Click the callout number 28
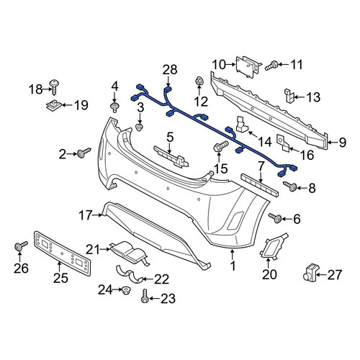click(x=170, y=70)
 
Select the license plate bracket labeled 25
click(x=63, y=253)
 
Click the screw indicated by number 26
click(x=21, y=246)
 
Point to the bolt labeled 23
click(x=144, y=297)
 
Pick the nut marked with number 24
click(x=125, y=291)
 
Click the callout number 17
click(x=86, y=215)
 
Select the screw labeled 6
click(x=275, y=218)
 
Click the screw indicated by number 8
click(x=290, y=186)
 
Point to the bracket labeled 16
click(x=284, y=143)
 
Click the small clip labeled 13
click(x=289, y=95)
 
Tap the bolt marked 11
click(x=271, y=66)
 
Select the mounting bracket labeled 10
click(x=248, y=66)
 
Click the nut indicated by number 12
click(x=199, y=81)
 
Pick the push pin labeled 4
click(x=114, y=107)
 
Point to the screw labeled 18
click(x=54, y=87)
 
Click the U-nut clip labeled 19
click(x=54, y=105)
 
